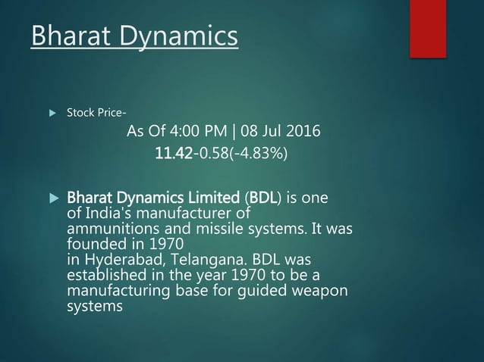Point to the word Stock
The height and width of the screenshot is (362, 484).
click(80, 114)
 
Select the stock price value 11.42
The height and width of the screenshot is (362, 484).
click(171, 154)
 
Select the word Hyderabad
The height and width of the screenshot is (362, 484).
click(115, 257)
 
